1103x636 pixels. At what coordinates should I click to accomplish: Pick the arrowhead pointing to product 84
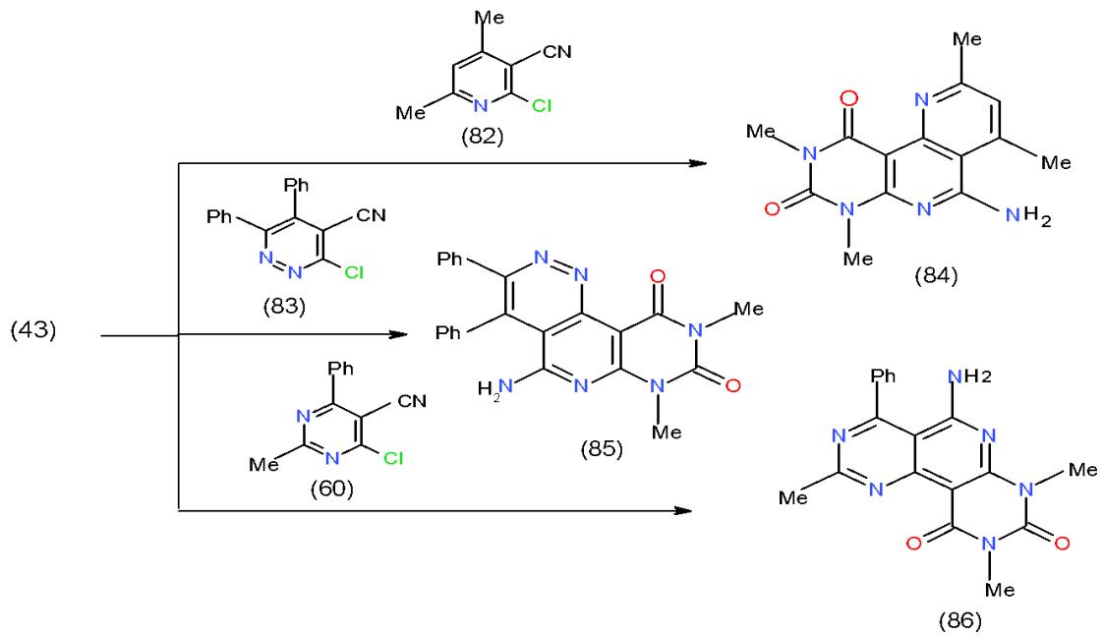(697, 163)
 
